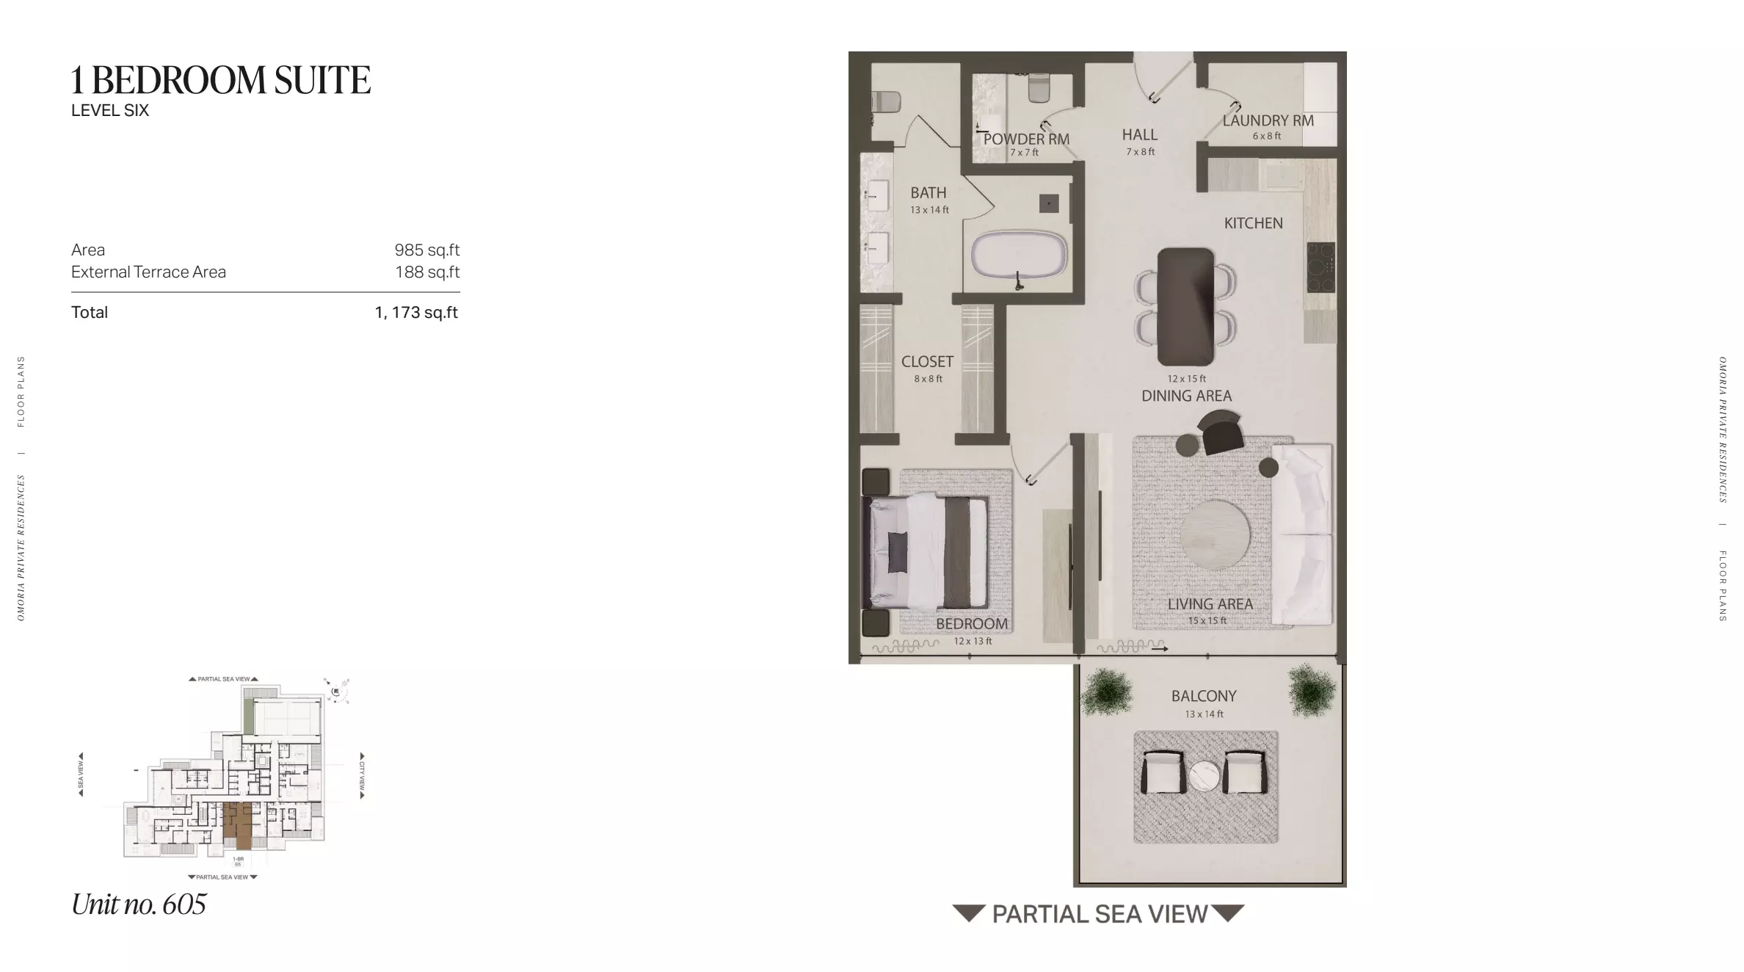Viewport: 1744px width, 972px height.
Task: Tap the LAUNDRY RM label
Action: (1268, 121)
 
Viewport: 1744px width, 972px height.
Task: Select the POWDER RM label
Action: (1026, 139)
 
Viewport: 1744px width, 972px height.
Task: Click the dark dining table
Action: (1185, 306)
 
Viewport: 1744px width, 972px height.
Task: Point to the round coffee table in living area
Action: (1215, 535)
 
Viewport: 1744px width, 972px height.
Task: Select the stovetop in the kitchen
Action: (1320, 267)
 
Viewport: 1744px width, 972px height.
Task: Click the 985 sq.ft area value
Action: (426, 250)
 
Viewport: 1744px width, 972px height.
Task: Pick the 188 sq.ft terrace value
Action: (427, 272)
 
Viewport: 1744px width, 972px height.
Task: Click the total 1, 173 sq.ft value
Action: (416, 313)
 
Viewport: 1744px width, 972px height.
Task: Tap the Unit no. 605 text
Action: (139, 904)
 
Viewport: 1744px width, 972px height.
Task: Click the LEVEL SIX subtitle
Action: (110, 111)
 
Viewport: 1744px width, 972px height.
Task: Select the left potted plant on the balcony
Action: (1106, 692)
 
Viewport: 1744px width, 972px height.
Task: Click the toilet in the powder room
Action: (1039, 89)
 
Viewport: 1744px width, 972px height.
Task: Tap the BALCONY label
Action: (1204, 696)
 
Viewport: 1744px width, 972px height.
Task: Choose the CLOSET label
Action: (927, 362)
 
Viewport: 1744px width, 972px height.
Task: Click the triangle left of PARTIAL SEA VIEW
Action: (968, 913)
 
